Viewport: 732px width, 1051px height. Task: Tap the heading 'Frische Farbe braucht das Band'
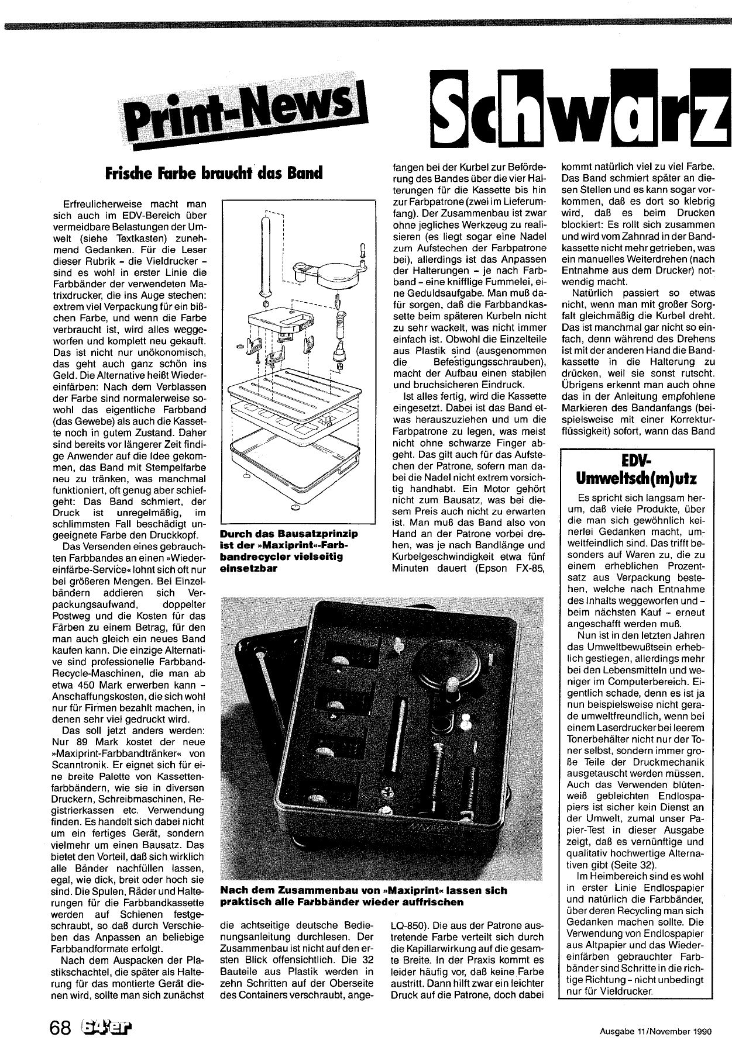click(214, 174)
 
